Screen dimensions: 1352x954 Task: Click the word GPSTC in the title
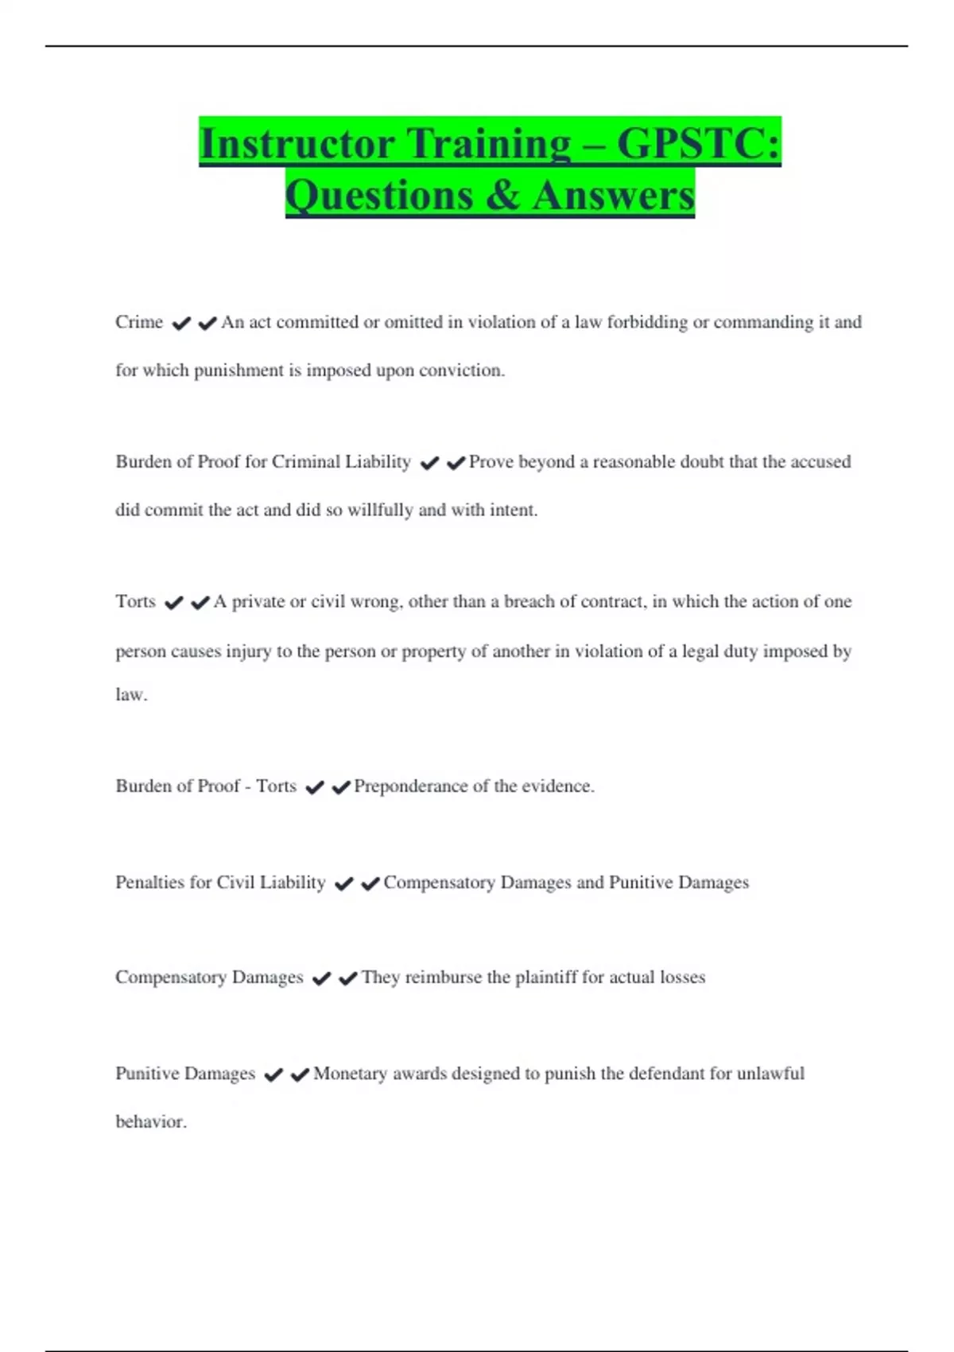pos(698,144)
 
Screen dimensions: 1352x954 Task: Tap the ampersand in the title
pos(502,195)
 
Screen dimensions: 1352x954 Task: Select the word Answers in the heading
pos(613,195)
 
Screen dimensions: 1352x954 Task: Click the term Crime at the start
pos(139,322)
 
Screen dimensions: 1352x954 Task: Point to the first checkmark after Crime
pos(181,324)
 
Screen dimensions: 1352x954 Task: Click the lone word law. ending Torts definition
pos(131,694)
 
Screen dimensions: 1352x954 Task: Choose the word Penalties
pos(150,883)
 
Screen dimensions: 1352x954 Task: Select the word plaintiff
pos(546,977)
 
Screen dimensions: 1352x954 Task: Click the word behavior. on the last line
pos(151,1122)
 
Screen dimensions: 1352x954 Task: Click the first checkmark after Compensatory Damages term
pos(321,979)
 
